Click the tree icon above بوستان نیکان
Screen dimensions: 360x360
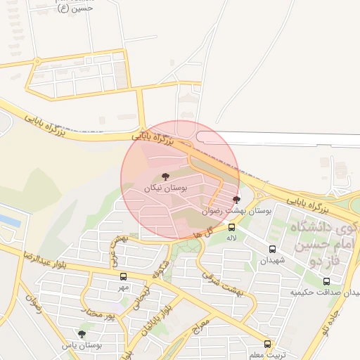(165, 176)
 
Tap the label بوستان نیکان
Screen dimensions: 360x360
(165, 188)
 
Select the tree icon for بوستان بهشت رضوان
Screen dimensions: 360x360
(236, 200)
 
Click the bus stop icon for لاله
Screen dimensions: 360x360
(231, 227)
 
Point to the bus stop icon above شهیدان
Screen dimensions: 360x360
(273, 249)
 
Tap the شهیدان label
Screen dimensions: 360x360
(273, 260)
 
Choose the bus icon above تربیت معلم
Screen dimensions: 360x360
(267, 344)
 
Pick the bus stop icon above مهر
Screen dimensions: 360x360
(124, 276)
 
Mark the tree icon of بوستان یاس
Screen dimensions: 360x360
(82, 334)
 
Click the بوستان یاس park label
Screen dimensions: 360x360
(82, 345)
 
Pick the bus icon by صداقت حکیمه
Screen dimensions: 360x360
(326, 281)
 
